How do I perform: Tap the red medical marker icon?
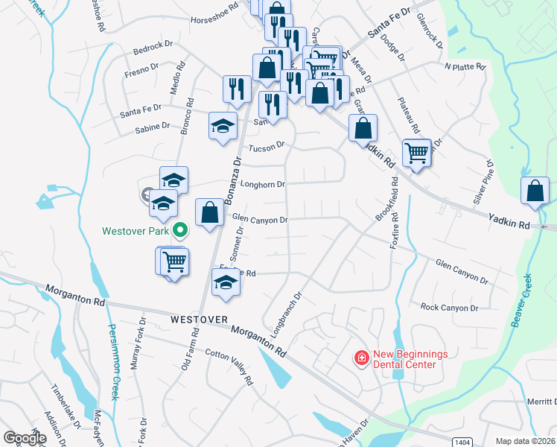[362, 358]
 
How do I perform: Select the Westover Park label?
[136, 230]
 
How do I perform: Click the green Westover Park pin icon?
[179, 230]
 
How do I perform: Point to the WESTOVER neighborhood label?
[198, 319]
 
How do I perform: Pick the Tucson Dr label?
[267, 146]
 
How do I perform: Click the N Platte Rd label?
[465, 66]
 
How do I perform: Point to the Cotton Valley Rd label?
[229, 368]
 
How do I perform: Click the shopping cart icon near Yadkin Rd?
[417, 153]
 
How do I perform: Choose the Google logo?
[25, 438]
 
